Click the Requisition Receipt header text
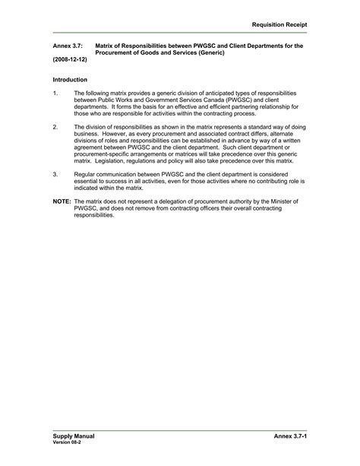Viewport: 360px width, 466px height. (x=279, y=24)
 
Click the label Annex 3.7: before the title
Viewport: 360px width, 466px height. (x=67, y=46)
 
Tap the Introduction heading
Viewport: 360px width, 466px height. (x=70, y=80)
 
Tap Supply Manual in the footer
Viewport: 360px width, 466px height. (x=74, y=436)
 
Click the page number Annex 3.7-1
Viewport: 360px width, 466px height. (x=290, y=437)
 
